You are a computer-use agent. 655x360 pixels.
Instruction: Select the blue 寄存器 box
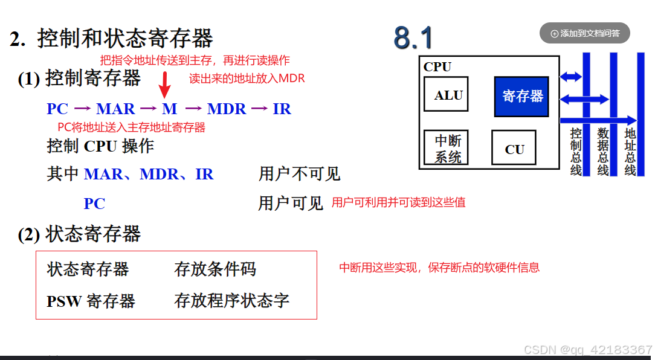click(x=521, y=96)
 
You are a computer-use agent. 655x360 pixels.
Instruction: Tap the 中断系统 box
click(x=446, y=149)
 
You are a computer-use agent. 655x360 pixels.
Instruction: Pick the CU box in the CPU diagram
click(x=514, y=149)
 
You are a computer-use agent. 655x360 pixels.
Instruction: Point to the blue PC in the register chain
click(x=57, y=109)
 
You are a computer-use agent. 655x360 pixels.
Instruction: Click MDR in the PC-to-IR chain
click(x=227, y=109)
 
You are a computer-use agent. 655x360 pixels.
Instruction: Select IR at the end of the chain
click(x=282, y=109)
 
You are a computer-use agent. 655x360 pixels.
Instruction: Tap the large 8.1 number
click(x=413, y=38)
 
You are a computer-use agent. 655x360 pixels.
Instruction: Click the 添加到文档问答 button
click(x=584, y=33)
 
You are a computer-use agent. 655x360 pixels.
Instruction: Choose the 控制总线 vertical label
click(x=576, y=151)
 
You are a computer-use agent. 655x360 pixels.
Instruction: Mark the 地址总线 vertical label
click(x=630, y=151)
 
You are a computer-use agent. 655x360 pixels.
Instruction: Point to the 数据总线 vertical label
click(x=603, y=151)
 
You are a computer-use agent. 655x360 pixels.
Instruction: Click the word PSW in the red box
click(x=64, y=301)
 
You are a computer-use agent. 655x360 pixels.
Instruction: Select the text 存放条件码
click(x=215, y=269)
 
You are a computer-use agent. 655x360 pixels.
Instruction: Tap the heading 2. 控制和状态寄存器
click(x=112, y=39)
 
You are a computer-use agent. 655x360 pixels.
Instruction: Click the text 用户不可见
click(x=299, y=174)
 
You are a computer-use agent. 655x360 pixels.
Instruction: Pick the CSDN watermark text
click(x=587, y=350)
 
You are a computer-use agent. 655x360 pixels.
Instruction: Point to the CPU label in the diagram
click(x=437, y=67)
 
